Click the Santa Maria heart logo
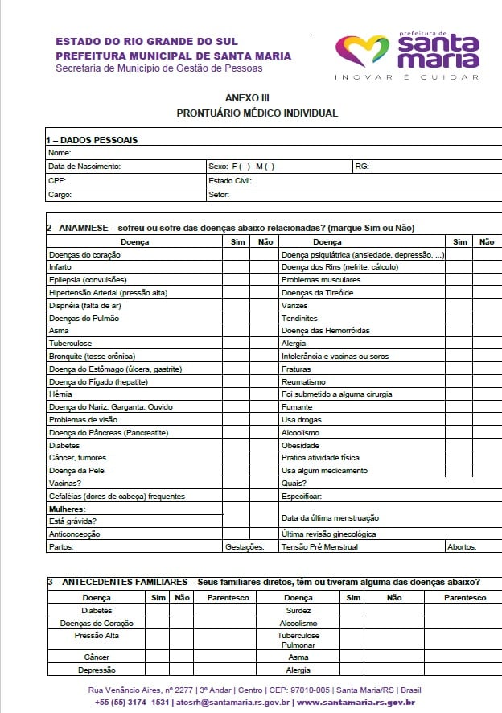coord(361,50)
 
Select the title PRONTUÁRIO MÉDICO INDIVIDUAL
coord(257,113)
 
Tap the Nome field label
coord(60,153)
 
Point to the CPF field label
coord(56,180)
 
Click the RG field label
coord(360,167)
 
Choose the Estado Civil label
coord(230,180)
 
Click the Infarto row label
coord(61,267)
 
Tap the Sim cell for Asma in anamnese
coord(236,331)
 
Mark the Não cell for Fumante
coord(486,407)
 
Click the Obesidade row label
coord(300,445)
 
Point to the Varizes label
coord(294,306)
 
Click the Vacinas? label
coord(64,484)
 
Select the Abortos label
coord(463,547)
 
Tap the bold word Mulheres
coord(67,509)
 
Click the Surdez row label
coord(298,611)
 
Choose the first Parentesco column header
coord(228,598)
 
